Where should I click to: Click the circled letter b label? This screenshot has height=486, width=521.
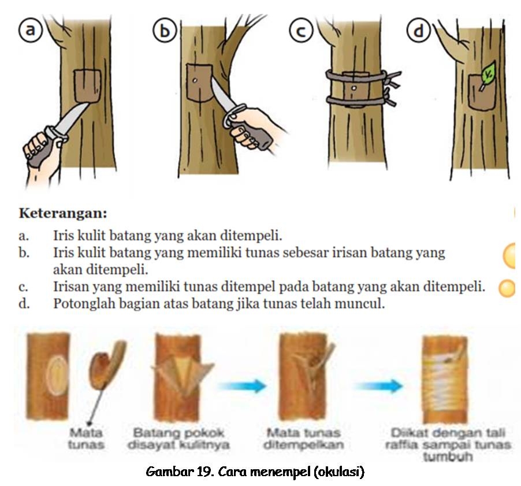tap(165, 31)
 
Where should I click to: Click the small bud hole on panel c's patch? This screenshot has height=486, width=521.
tap(353, 89)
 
